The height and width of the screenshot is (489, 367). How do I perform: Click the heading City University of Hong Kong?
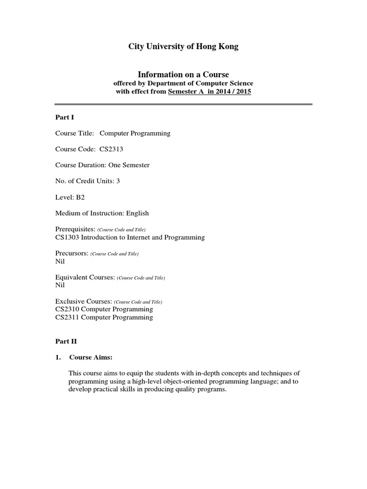pyautogui.click(x=183, y=47)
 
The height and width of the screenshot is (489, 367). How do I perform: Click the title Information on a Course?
pyautogui.click(x=183, y=74)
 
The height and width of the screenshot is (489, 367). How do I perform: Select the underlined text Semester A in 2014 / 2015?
pyautogui.click(x=209, y=92)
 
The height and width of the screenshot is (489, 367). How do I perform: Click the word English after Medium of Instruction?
pyautogui.click(x=137, y=213)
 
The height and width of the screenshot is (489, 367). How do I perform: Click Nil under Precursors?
pyautogui.click(x=60, y=261)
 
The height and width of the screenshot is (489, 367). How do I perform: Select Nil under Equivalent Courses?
pyautogui.click(x=60, y=285)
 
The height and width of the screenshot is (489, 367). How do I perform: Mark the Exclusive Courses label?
pyautogui.click(x=84, y=301)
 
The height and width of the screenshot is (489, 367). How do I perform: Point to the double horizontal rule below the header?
pyautogui.click(x=183, y=105)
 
